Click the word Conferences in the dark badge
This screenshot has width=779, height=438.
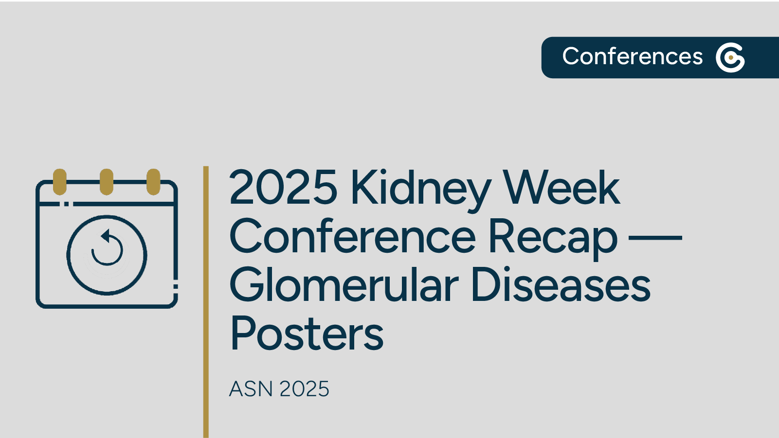coord(632,57)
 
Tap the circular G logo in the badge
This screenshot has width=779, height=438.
coord(730,57)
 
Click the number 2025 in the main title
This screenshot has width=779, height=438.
coord(283,188)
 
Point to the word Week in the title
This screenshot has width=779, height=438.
coord(561,188)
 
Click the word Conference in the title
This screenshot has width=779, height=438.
coord(352,237)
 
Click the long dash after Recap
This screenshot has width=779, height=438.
coord(655,238)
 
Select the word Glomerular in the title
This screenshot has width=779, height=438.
coord(344,285)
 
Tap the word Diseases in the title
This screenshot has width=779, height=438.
coord(561,285)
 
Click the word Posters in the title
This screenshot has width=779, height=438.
coord(307,334)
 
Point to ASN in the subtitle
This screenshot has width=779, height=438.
coord(251,389)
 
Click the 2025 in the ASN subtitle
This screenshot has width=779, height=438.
coord(305,389)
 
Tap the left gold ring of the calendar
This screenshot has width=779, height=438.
coord(60,182)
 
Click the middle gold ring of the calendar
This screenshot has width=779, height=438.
coord(107,182)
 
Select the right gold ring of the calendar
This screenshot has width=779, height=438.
coord(153,182)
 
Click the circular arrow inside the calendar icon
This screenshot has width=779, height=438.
coord(107,248)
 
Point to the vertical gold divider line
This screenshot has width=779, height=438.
coord(206,301)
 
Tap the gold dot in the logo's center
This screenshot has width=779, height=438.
coord(731,57)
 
